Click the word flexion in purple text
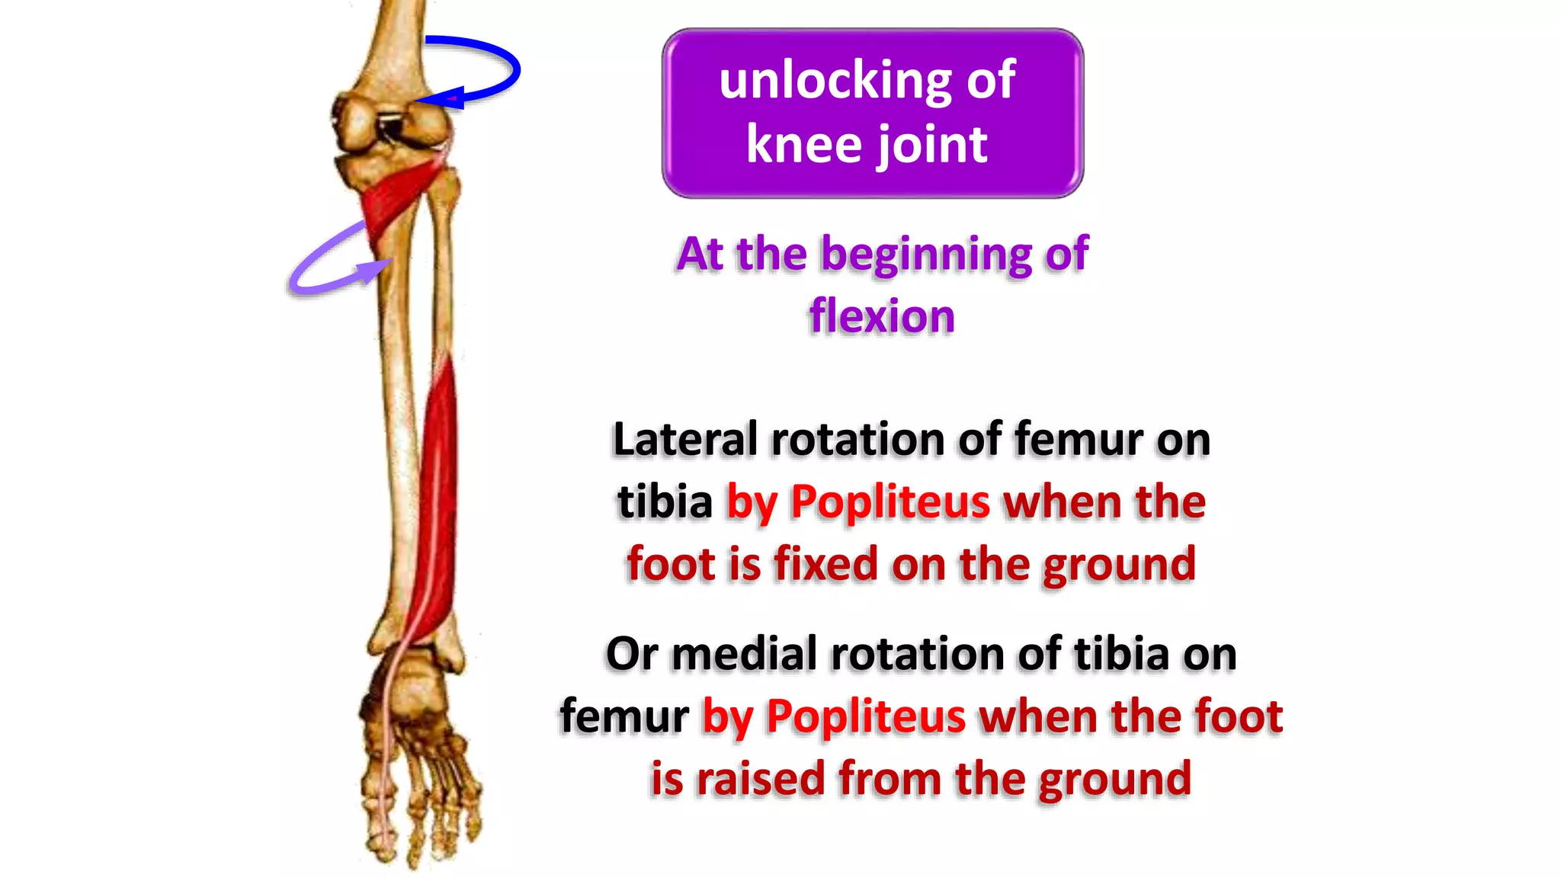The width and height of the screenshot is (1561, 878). tap(882, 316)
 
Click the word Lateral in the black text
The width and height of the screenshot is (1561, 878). tap(685, 440)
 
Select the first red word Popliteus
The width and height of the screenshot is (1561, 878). tap(890, 502)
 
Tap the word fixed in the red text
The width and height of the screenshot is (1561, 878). tap(825, 565)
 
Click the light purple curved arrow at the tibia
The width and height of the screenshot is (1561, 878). tap(320, 263)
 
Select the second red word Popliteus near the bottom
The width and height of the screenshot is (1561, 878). tap(866, 717)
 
